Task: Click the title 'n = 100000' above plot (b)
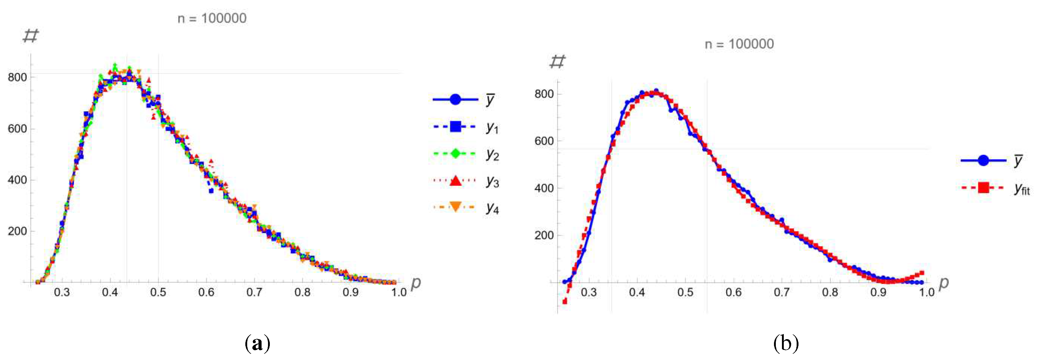point(739,44)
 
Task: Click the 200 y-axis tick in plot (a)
point(17,231)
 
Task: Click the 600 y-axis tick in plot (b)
point(544,141)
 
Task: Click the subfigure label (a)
point(257,344)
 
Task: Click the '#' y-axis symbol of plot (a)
point(31,36)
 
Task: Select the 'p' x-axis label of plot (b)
point(944,283)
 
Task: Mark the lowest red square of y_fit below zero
point(565,301)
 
